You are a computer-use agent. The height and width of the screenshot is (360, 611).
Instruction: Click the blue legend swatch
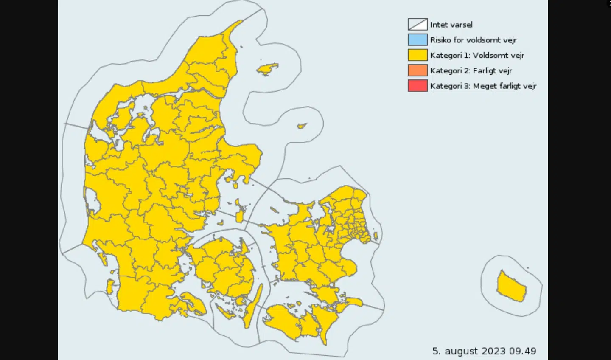pos(418,40)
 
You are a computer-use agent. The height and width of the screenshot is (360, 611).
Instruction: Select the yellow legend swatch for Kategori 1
pos(418,55)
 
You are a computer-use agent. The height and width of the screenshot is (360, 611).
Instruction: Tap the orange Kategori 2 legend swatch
pos(418,70)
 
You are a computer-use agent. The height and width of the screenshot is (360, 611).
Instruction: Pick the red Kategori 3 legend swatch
pos(418,86)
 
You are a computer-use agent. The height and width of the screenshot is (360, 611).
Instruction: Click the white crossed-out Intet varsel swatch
pos(418,25)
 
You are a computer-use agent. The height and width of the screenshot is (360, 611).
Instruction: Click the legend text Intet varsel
pos(451,25)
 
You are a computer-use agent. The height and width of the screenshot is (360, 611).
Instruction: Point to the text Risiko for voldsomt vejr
pos(473,40)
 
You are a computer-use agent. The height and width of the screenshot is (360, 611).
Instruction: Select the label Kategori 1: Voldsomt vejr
pos(477,55)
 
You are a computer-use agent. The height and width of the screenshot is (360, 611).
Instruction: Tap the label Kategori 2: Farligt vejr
pos(471,70)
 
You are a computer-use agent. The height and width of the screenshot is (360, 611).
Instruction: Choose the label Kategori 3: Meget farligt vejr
pos(483,86)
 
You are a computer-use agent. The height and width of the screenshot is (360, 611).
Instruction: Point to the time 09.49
pos(523,351)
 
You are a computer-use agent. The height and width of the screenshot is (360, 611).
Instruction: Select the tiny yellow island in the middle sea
pos(302,126)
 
